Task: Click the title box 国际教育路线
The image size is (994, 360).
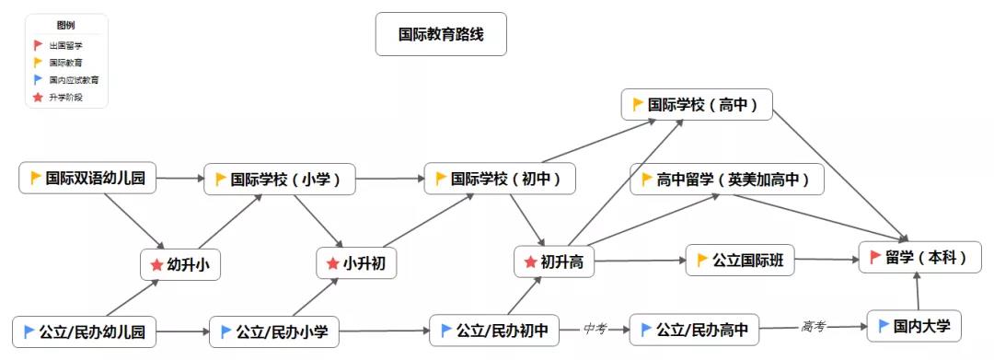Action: pos(441,34)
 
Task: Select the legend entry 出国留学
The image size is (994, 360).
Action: pos(65,45)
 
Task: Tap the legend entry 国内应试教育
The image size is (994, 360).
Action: pos(74,80)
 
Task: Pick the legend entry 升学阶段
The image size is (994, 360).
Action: pos(65,97)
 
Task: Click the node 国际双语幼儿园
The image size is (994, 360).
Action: pos(88,178)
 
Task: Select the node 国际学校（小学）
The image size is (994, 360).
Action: pos(280,180)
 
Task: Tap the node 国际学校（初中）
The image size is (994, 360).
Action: pos(500,179)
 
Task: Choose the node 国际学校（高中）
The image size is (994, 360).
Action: pos(696,105)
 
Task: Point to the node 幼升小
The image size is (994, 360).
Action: pos(181,264)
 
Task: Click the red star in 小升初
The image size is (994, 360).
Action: pos(332,264)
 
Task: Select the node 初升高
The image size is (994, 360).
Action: pos(552,262)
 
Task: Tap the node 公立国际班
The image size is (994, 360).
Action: pos(739,261)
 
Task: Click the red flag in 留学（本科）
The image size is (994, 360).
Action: pos(874,258)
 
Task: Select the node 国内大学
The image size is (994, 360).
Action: pos(914,326)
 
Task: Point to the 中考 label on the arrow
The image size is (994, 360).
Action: pos(595,328)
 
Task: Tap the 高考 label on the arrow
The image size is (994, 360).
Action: pos(813,326)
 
